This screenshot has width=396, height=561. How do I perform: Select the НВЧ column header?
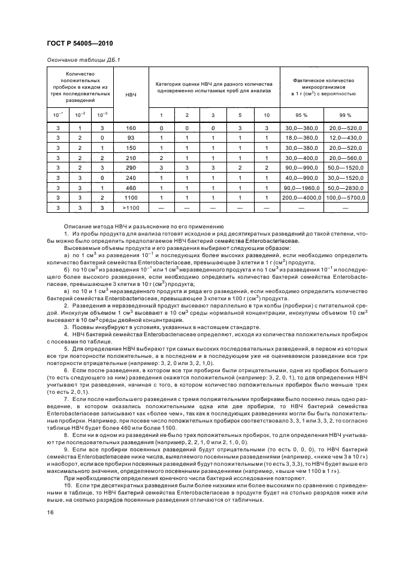pos(131,95)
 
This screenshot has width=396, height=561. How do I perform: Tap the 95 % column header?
pos(303,114)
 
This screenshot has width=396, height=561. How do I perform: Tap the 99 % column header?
pos(345,114)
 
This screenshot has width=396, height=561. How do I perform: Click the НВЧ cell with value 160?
pos(131,129)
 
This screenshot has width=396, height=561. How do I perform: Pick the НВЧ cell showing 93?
pos(131,138)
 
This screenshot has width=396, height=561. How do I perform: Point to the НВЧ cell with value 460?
pos(131,188)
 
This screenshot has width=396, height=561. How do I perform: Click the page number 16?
pos(50,512)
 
